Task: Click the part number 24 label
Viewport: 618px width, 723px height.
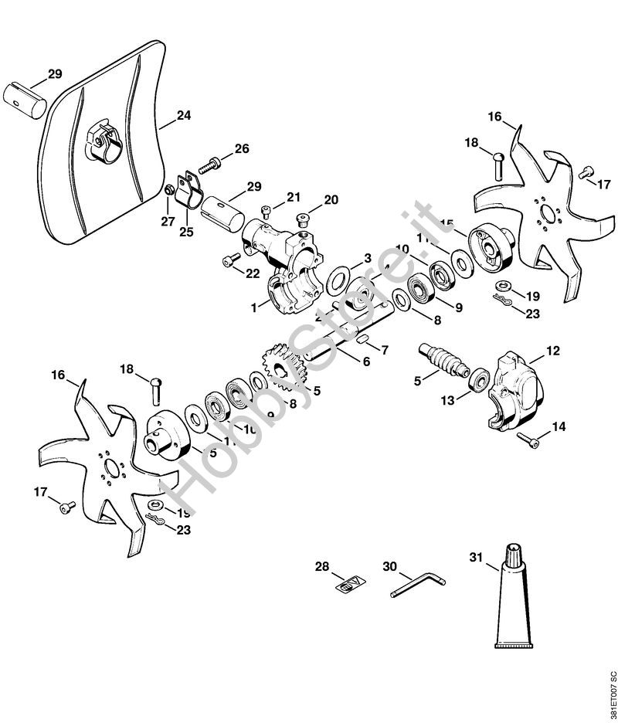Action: pyautogui.click(x=183, y=116)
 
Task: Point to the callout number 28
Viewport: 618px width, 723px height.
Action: pyautogui.click(x=321, y=566)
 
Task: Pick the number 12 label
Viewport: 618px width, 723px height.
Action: pyautogui.click(x=553, y=351)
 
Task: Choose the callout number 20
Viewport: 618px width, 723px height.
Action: pyautogui.click(x=331, y=200)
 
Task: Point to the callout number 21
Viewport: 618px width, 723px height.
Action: pyautogui.click(x=294, y=198)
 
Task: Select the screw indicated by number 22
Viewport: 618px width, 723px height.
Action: pyautogui.click(x=229, y=261)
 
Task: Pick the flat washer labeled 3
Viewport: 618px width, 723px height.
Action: pyautogui.click(x=338, y=278)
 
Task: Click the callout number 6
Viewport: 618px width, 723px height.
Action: pyautogui.click(x=366, y=361)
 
